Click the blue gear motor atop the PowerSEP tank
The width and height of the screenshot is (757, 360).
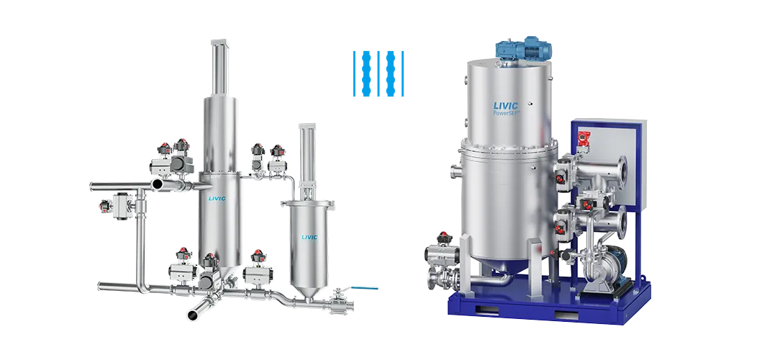point(525,50)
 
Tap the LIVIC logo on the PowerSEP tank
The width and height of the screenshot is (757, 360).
point(505,105)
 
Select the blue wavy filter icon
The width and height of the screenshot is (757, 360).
point(378,73)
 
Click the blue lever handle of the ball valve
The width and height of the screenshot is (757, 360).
point(364,288)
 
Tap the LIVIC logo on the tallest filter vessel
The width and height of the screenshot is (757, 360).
point(217,198)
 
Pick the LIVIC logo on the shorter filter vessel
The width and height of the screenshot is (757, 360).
point(309,237)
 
